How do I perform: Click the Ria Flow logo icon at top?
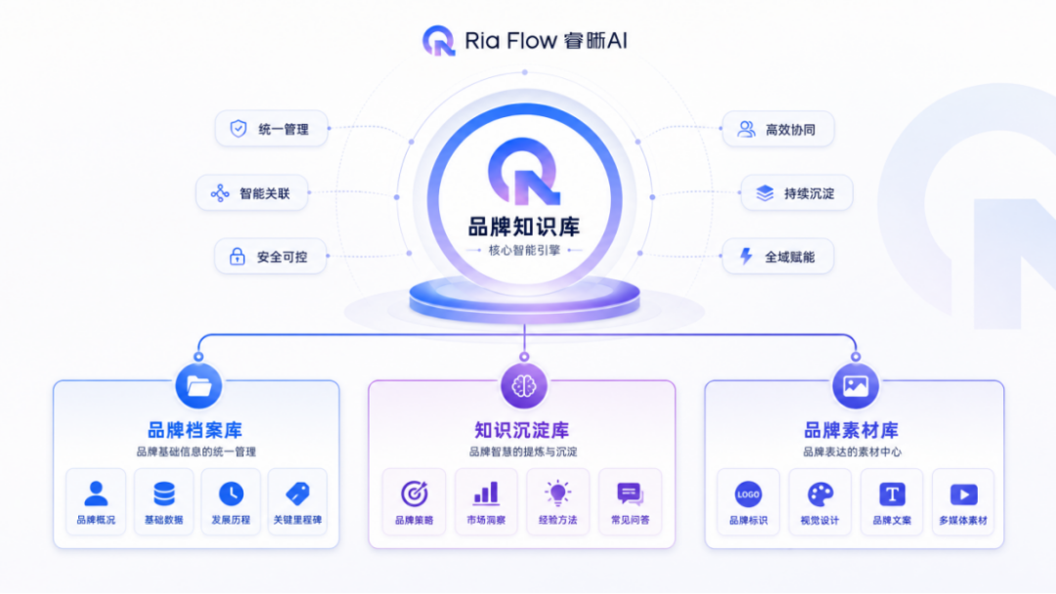(439, 40)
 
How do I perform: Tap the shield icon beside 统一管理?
(239, 129)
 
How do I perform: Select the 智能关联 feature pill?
(252, 193)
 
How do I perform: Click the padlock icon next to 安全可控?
(237, 256)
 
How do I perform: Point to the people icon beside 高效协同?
(746, 129)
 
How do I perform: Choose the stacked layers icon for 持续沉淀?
(765, 193)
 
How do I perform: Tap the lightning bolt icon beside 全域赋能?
(746, 256)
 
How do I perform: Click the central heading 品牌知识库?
(524, 227)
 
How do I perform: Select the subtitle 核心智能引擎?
(524, 250)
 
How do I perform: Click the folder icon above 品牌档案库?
(198, 386)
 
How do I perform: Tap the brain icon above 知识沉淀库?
(524, 386)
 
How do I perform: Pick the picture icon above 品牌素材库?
(856, 386)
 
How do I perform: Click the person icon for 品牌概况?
(96, 493)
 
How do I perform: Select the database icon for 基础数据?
(163, 493)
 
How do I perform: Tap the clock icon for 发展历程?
(231, 493)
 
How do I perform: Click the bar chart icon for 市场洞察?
(486, 493)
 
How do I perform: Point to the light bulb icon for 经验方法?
(557, 493)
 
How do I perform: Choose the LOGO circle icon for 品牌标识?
(748, 494)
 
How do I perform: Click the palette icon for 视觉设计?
(820, 494)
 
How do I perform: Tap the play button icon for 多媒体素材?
(964, 494)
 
